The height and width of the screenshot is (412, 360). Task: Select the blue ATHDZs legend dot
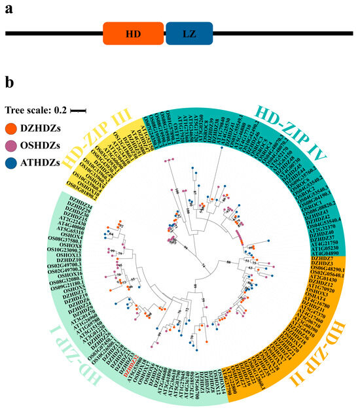tap(11, 156)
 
